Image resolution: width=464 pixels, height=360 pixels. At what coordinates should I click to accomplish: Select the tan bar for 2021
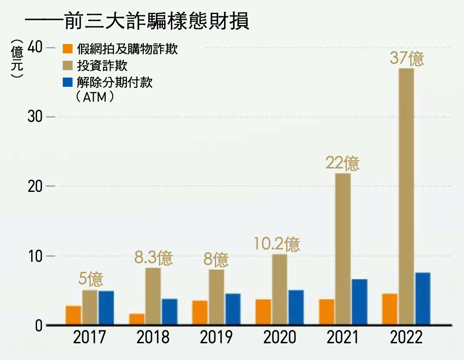(x=342, y=249)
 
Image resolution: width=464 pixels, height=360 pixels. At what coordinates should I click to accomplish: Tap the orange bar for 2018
(x=136, y=320)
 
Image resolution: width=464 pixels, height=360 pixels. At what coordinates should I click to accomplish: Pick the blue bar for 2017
(x=106, y=308)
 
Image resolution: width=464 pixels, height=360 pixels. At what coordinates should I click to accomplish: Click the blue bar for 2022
(x=423, y=299)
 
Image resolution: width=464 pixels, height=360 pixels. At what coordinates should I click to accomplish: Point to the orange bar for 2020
(x=263, y=312)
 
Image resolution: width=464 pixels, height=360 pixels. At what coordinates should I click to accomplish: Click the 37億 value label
(x=407, y=59)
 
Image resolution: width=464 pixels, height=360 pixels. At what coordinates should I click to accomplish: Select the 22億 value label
(x=342, y=164)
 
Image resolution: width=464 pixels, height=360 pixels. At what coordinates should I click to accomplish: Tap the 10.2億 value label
(x=276, y=245)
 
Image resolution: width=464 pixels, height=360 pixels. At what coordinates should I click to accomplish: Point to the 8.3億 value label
(x=153, y=258)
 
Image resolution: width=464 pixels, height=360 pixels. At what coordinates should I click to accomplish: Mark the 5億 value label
(x=91, y=279)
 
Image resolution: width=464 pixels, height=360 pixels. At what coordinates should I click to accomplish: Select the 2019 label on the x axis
(x=216, y=338)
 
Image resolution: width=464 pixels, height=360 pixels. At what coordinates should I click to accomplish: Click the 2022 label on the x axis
(x=406, y=338)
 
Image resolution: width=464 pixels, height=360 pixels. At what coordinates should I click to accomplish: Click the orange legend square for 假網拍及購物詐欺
(x=67, y=48)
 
